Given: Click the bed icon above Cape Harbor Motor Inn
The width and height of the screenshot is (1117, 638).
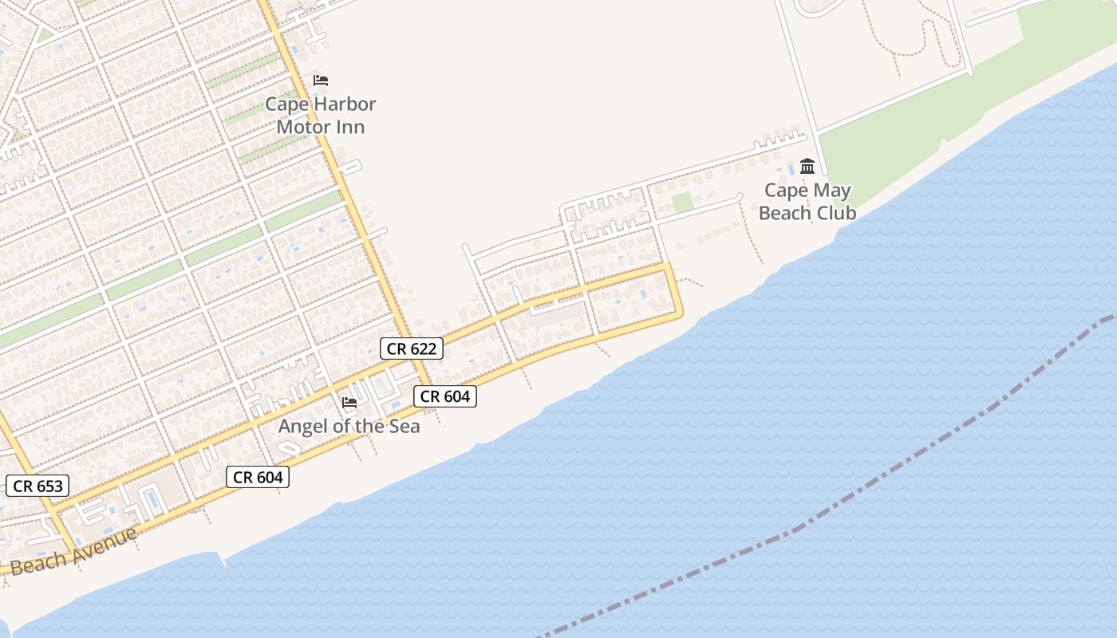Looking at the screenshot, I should pos(321,81).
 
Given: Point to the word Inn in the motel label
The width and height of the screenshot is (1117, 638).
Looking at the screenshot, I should pos(351,127).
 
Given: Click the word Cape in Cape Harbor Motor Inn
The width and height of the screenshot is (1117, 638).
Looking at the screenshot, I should pos(285,104).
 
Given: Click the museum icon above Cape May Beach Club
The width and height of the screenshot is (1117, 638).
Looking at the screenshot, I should pos(807,167).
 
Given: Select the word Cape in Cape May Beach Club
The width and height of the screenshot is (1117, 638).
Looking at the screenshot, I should pos(785,191).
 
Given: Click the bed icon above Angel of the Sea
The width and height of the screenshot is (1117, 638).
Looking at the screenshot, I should pos(349,402).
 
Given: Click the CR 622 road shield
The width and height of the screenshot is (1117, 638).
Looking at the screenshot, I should pos(411,349).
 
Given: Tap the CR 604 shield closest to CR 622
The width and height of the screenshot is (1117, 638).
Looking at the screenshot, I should pos(445,396).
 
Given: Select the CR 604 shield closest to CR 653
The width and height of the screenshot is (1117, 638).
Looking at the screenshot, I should pos(258,477).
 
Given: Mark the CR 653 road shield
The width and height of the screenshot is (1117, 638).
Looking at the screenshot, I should pos(37,486).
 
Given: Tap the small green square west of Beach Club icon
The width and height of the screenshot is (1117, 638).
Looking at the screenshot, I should pos(682,203).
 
